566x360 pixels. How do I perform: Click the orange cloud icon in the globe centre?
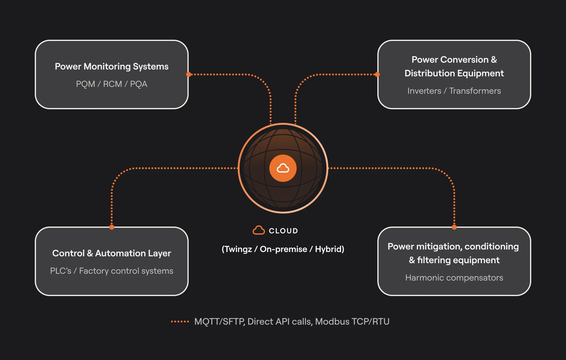tap(283, 168)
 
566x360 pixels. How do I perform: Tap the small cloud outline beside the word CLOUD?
tap(258, 230)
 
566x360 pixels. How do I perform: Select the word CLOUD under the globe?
tap(283, 231)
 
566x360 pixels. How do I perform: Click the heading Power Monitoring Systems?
tap(112, 66)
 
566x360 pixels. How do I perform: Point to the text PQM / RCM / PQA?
tap(112, 84)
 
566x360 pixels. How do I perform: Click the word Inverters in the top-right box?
tap(424, 91)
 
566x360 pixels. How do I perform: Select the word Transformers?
tap(475, 91)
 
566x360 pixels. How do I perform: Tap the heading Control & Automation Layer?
tap(112, 253)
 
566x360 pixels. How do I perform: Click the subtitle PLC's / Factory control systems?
tap(112, 271)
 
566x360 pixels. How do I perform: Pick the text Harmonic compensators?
tap(454, 278)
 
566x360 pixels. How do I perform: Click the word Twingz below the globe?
tap(238, 249)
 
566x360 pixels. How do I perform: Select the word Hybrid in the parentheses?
tap(328, 249)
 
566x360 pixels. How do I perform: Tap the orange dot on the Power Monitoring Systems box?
tap(189, 74)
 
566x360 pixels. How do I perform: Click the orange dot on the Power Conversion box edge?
tap(377, 74)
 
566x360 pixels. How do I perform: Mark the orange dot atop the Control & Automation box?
tap(112, 227)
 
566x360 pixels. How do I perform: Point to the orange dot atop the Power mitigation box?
tap(454, 227)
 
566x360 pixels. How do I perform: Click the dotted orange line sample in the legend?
tap(180, 322)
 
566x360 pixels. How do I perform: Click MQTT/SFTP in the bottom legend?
tap(219, 322)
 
